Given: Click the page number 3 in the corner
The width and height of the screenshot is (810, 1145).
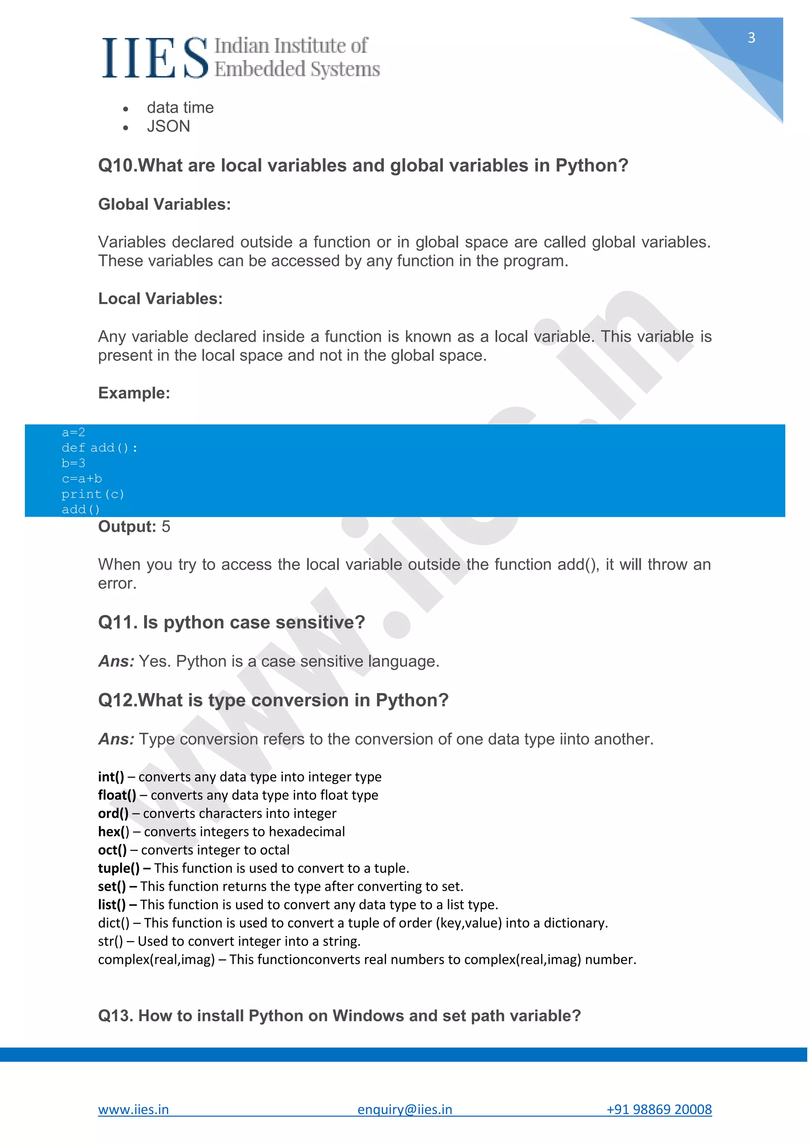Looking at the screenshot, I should click(x=751, y=38).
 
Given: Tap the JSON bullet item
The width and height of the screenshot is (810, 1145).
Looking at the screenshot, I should click(x=168, y=127).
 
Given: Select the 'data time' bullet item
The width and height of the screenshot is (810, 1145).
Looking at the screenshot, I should click(x=180, y=108).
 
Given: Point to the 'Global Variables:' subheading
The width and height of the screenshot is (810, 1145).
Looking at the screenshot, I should click(x=164, y=204).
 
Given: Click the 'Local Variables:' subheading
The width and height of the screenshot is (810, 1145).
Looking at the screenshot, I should click(x=160, y=299).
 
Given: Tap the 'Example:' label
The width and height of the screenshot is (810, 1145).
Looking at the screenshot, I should click(x=134, y=393).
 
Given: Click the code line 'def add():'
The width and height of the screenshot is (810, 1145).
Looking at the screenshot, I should click(x=99, y=448).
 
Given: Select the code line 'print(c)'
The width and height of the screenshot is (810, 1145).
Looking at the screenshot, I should click(x=93, y=494).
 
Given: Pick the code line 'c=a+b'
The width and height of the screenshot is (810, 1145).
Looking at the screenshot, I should click(x=82, y=479).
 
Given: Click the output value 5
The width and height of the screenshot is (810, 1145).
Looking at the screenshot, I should click(x=166, y=527).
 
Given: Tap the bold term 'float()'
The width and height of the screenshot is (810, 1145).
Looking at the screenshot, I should click(x=117, y=795).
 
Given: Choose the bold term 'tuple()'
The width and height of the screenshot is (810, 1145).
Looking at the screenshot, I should click(x=119, y=868).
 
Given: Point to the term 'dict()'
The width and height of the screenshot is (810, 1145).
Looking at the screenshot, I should click(x=113, y=923).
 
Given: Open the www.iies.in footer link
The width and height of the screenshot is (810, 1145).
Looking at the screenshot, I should click(x=133, y=1109).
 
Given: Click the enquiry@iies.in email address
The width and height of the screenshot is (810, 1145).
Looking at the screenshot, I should click(x=405, y=1109).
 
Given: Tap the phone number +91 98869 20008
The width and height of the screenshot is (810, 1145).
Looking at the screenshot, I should click(x=659, y=1109).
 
